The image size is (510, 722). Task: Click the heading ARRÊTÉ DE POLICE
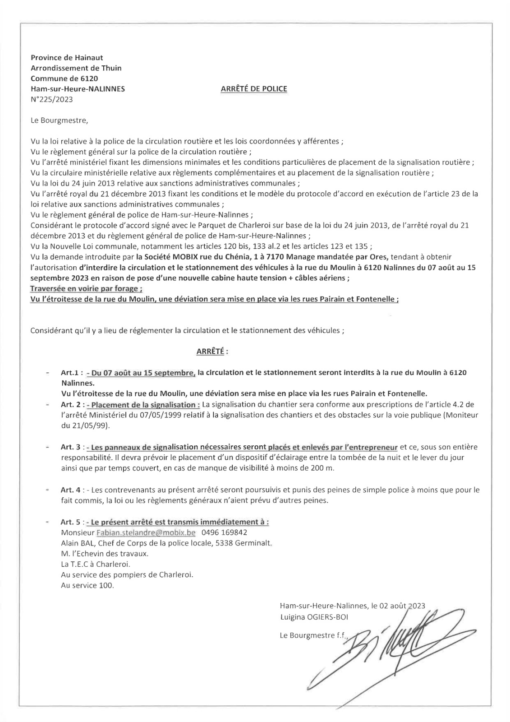click(x=253, y=89)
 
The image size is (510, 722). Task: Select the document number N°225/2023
click(x=51, y=99)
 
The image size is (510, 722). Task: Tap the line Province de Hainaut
click(x=67, y=58)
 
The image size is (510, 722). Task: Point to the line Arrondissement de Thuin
click(x=76, y=68)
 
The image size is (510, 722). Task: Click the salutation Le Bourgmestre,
click(x=57, y=120)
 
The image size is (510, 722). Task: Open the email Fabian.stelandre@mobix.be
click(x=146, y=532)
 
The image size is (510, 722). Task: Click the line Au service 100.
click(x=87, y=586)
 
